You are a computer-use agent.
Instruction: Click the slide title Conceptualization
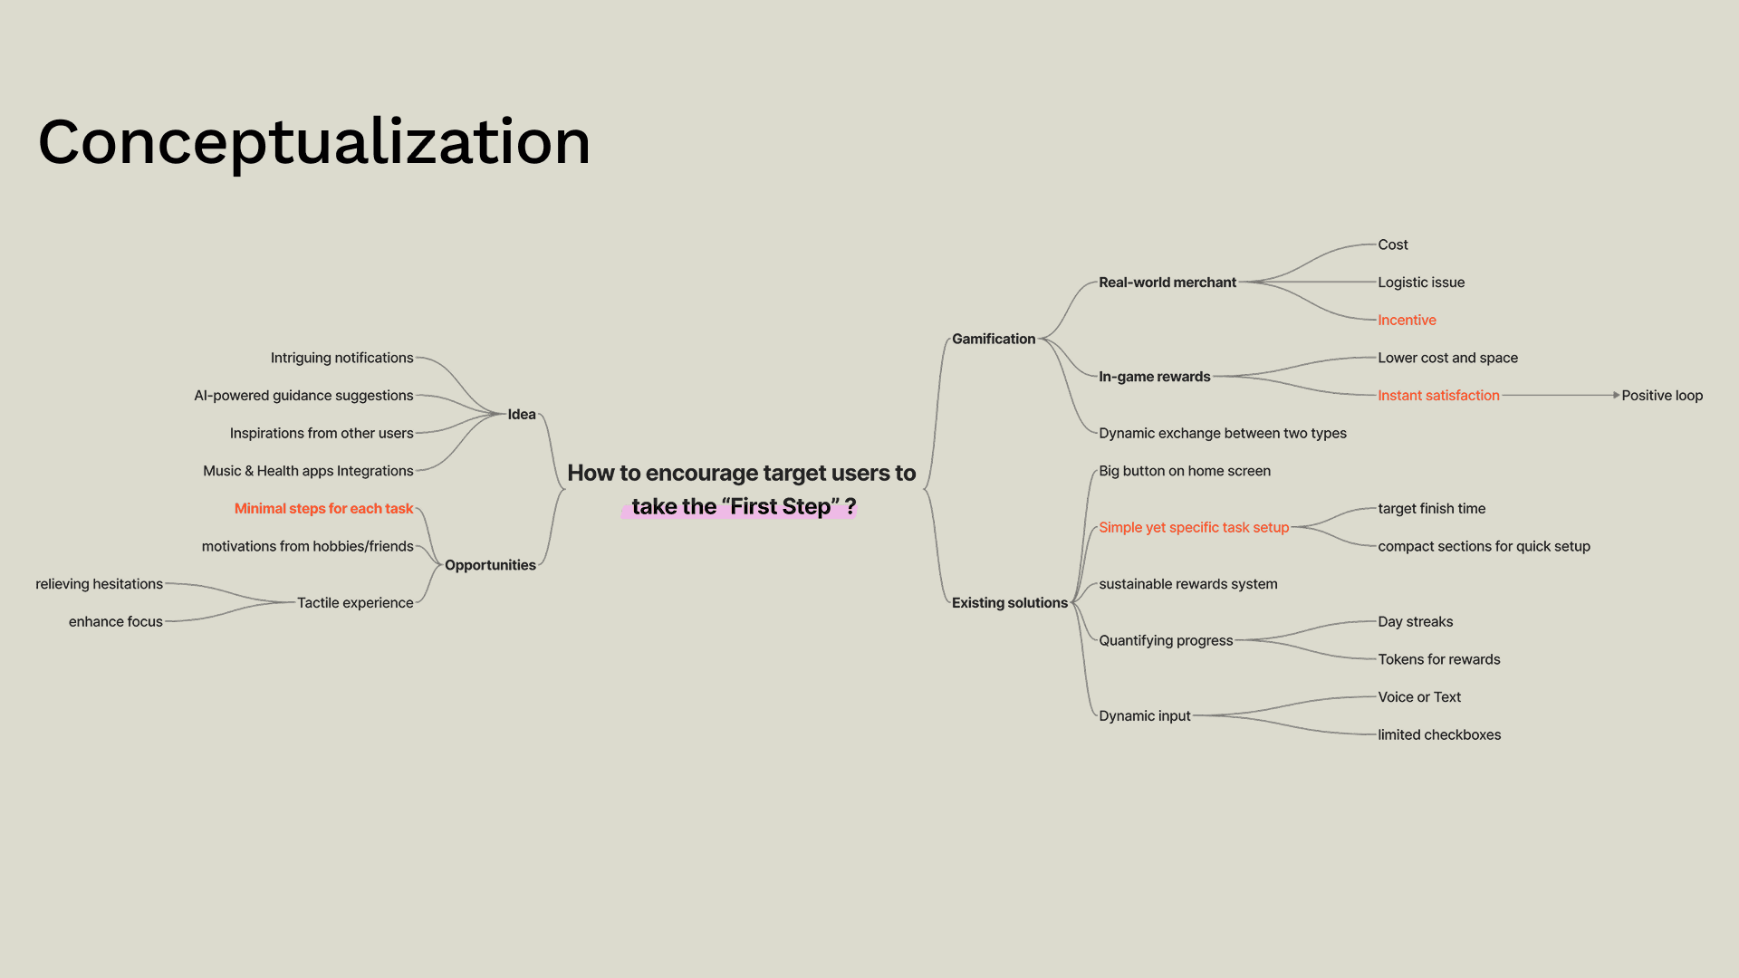click(313, 142)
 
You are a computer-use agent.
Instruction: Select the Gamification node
click(993, 339)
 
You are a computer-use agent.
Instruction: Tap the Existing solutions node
click(1009, 603)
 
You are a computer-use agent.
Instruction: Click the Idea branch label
click(521, 415)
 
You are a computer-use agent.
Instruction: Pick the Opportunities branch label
click(490, 565)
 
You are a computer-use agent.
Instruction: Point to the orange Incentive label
click(1407, 321)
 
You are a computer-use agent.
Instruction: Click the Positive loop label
click(1661, 396)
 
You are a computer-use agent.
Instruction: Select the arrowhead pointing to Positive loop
click(1616, 396)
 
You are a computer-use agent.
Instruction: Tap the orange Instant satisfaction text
click(1438, 396)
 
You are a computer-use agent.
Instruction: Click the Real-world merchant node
click(1167, 283)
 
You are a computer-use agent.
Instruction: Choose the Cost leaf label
click(1392, 244)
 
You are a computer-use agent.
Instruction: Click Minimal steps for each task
click(323, 509)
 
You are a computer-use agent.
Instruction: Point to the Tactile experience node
click(355, 603)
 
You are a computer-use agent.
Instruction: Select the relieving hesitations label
click(99, 584)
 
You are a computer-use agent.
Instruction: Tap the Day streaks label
click(1415, 622)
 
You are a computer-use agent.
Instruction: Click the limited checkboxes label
click(1438, 735)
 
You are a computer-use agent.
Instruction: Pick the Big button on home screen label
click(1184, 471)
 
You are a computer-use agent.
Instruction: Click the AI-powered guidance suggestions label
click(303, 396)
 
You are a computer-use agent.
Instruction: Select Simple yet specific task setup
click(1193, 528)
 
